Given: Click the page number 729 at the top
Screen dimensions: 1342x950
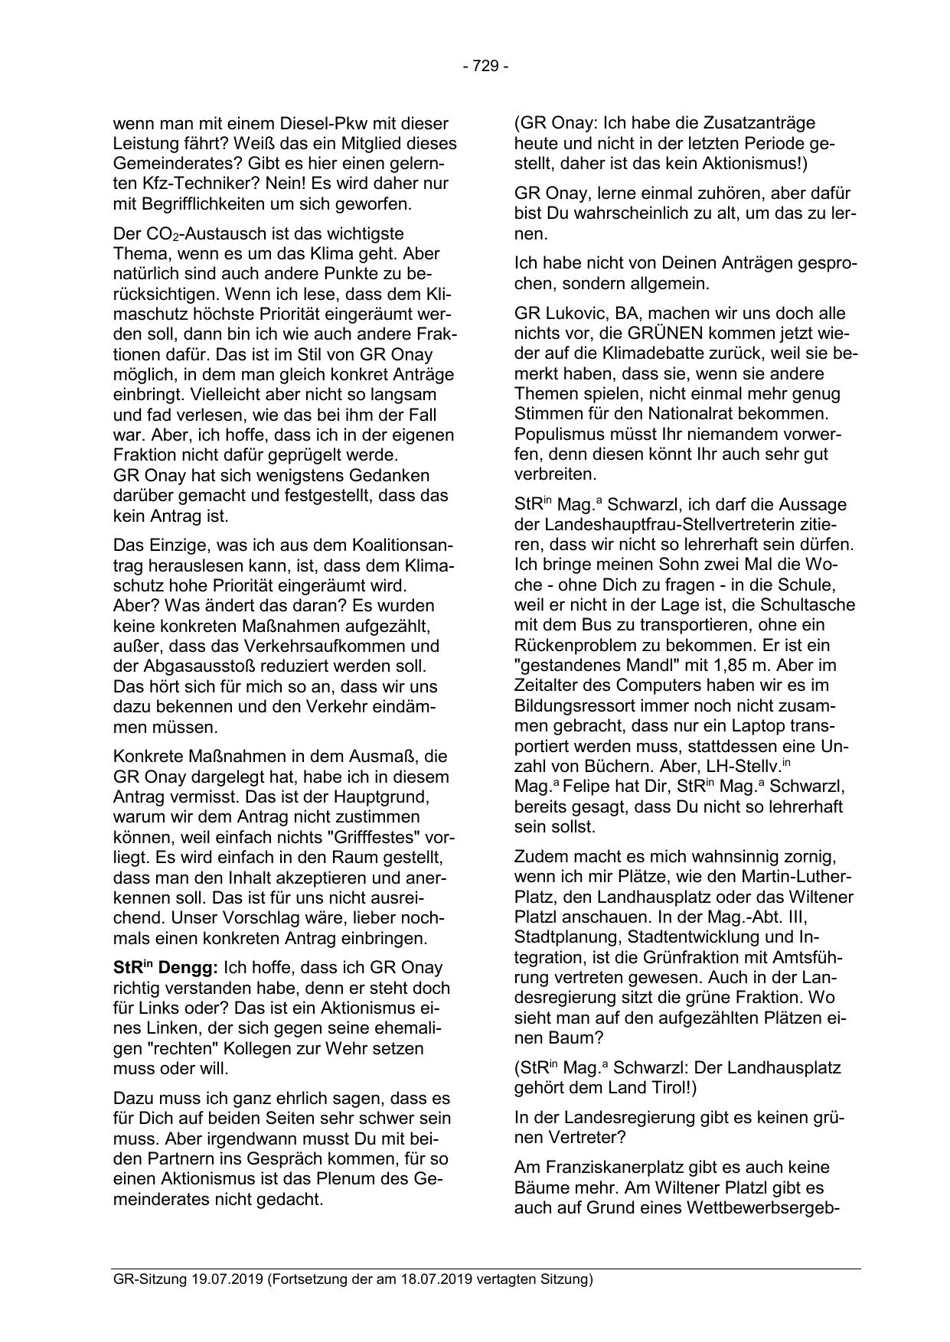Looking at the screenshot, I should [x=485, y=67].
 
